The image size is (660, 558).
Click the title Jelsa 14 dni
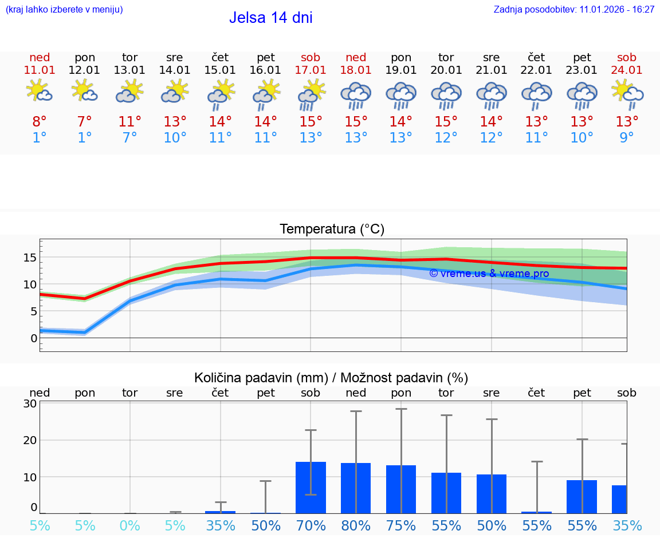[x=270, y=18]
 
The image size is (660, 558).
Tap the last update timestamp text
[x=574, y=9]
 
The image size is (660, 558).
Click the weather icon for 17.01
[x=311, y=94]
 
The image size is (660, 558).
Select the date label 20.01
[x=446, y=70]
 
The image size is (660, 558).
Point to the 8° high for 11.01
[x=40, y=122]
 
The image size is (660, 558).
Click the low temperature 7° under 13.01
[x=130, y=138]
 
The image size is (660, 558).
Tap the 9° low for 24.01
[x=627, y=138]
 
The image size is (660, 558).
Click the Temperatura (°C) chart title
[x=332, y=229]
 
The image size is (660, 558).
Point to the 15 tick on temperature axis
[x=30, y=258]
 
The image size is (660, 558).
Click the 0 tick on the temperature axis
[x=34, y=338]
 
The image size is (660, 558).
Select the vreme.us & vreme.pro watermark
[x=489, y=274]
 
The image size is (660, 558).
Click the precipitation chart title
[x=331, y=378]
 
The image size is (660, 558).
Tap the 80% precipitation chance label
[x=356, y=526]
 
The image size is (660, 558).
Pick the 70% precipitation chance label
[x=311, y=526]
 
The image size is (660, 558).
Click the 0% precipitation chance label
[x=130, y=526]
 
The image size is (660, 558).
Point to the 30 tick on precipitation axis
[x=30, y=403]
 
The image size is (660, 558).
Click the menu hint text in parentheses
[x=64, y=9]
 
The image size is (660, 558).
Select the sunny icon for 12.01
[x=84, y=91]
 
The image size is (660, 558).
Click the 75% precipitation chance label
[x=401, y=526]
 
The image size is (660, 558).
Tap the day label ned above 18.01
[x=356, y=57]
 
